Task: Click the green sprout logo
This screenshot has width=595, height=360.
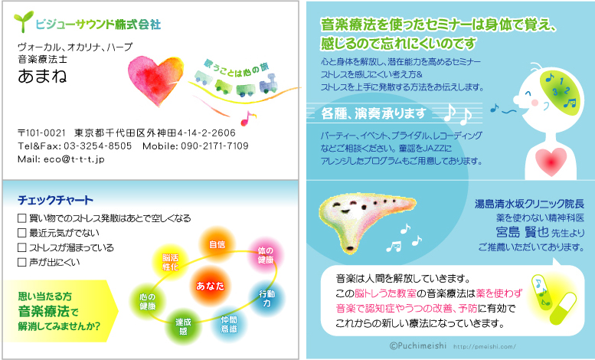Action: pyautogui.click(x=23, y=21)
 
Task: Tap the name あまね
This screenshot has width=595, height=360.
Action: pyautogui.click(x=42, y=76)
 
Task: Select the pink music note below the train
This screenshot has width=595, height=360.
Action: pyautogui.click(x=247, y=118)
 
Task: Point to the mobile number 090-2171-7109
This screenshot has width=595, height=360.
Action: pyautogui.click(x=214, y=146)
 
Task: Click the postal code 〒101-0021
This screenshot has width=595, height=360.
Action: pyautogui.click(x=41, y=133)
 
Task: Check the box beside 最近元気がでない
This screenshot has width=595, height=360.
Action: pyautogui.click(x=22, y=233)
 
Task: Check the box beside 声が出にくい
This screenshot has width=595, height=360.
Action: pyautogui.click(x=22, y=262)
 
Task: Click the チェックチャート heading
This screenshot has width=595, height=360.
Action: pyautogui.click(x=55, y=200)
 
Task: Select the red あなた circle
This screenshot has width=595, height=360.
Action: pyautogui.click(x=210, y=286)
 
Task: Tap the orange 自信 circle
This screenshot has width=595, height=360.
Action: pyautogui.click(x=217, y=244)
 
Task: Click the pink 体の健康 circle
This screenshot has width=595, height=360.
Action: pyautogui.click(x=266, y=255)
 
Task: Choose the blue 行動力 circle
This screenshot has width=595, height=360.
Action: pyautogui.click(x=266, y=299)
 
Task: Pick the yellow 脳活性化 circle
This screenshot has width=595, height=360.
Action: pyautogui.click(x=170, y=262)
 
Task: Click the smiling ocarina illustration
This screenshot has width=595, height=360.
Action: pyautogui.click(x=367, y=221)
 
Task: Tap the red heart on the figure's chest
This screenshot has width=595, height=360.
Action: pyautogui.click(x=551, y=161)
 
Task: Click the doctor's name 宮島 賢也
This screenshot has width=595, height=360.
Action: pyautogui.click(x=522, y=231)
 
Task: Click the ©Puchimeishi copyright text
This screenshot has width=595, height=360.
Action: pyautogui.click(x=418, y=345)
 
